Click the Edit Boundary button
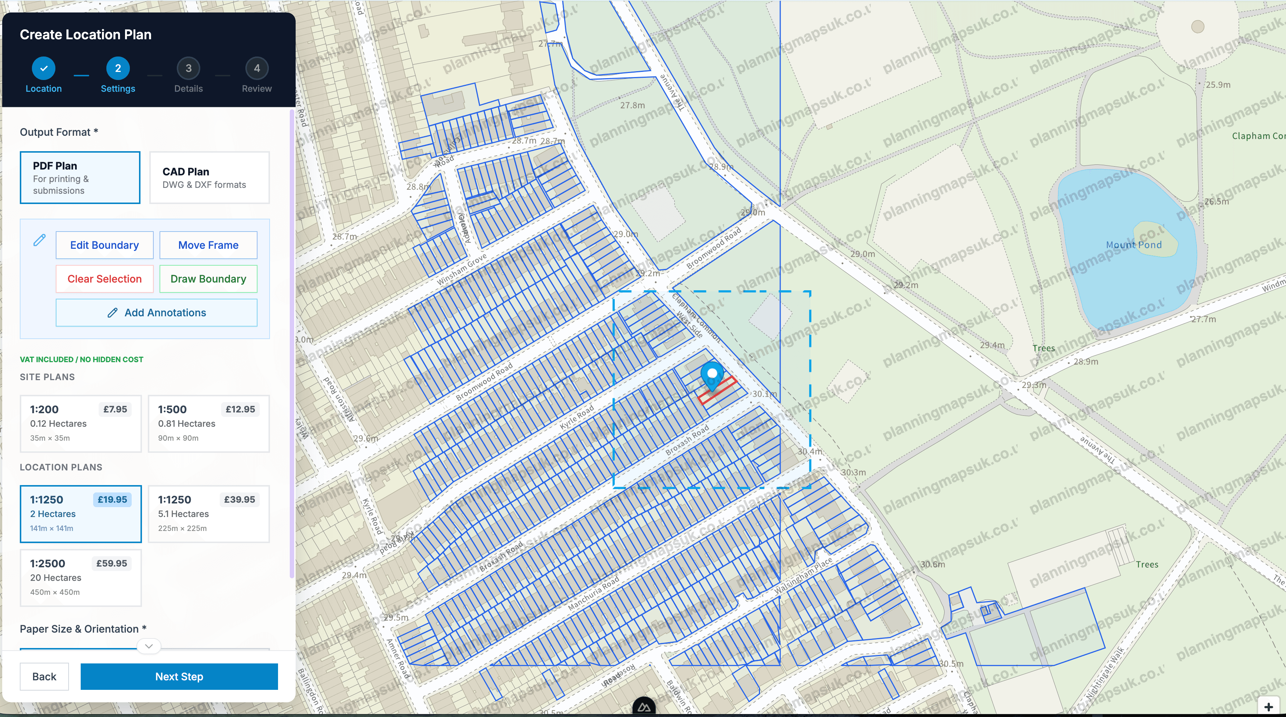pos(104,245)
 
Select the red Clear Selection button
pos(104,279)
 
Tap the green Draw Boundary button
pos(208,279)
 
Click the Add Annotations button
pos(156,313)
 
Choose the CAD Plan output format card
pos(209,178)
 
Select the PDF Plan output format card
pos(80,178)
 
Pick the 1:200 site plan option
pos(80,423)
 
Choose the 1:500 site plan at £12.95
pos(209,423)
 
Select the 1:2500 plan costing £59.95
pos(80,578)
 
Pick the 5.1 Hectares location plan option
pos(209,514)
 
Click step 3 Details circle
pos(188,68)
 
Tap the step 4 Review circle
pos(257,68)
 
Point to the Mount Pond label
pos(1133,245)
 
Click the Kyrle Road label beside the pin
pos(577,417)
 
